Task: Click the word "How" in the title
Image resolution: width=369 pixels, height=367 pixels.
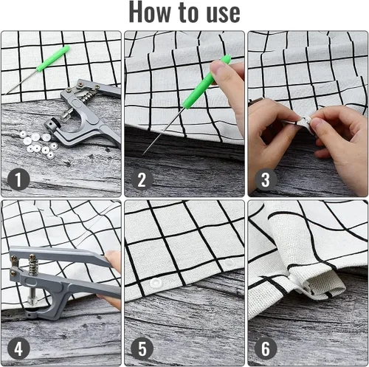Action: coord(150,12)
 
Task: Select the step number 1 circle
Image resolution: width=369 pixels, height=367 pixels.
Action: coord(18,179)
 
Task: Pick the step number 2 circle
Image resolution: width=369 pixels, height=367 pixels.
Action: coord(142,179)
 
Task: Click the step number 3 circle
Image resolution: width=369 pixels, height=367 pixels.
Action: coord(266,179)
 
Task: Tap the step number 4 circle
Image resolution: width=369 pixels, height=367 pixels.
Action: coord(18,349)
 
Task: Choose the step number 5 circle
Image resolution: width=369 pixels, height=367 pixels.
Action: coord(142,349)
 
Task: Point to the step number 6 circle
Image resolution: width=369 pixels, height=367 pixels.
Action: coord(266,349)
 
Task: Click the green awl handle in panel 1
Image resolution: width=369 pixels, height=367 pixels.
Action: coord(53,58)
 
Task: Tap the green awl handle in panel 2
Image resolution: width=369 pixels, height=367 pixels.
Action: coord(207,82)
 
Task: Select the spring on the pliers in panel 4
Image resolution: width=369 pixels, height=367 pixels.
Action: coord(32,264)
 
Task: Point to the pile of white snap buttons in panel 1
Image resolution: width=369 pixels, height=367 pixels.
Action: coord(38,143)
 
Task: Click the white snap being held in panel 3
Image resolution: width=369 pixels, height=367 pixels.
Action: coord(306,121)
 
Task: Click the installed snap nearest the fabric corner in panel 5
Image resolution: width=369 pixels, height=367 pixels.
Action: coord(156,283)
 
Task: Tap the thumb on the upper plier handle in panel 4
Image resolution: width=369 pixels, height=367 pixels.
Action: coord(113,258)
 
